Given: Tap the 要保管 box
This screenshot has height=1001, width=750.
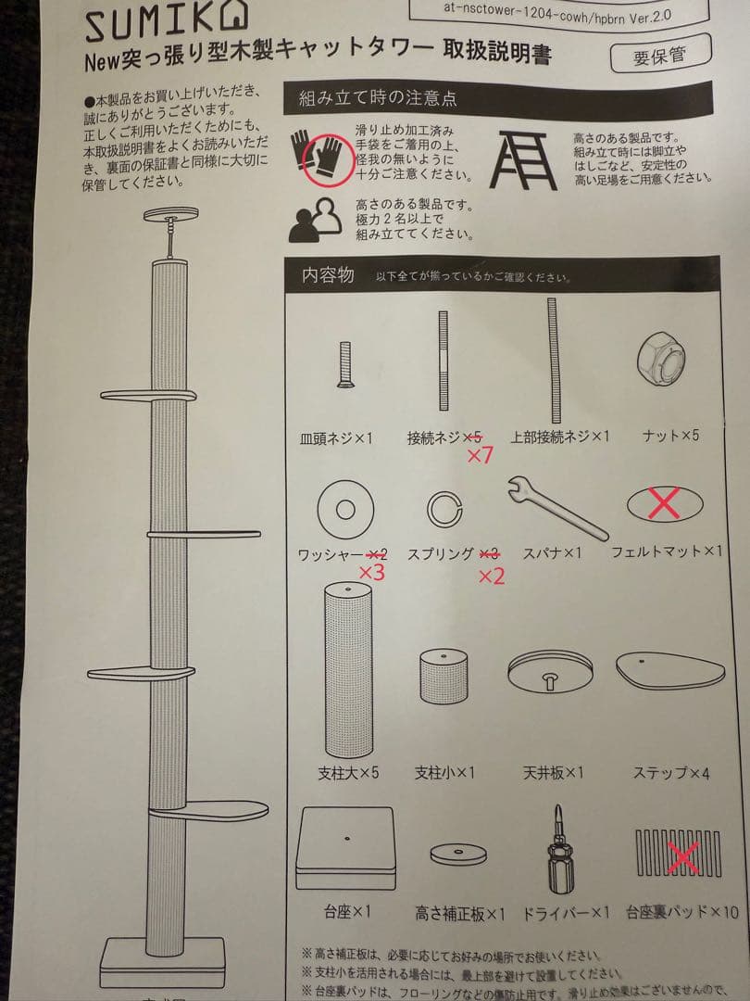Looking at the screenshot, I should [x=660, y=55].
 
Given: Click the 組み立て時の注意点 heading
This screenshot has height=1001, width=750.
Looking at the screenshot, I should [x=378, y=97].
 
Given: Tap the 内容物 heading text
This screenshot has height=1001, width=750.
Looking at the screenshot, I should [x=327, y=276].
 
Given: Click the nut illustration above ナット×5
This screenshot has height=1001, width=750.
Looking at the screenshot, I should [x=664, y=360].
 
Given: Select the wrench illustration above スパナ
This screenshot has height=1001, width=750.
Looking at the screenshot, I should [x=556, y=507].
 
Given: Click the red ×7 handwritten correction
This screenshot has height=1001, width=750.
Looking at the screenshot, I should [x=481, y=456].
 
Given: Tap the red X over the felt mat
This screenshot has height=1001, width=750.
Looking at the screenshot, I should [x=664, y=504].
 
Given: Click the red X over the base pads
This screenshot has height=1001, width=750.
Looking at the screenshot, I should [x=682, y=854].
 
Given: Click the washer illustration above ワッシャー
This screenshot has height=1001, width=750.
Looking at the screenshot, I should [x=345, y=509].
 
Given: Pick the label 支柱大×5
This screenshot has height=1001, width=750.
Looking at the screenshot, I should [x=347, y=771].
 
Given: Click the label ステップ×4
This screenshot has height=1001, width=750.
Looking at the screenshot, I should [x=670, y=771].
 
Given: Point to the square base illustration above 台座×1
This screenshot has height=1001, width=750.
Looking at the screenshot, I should [x=346, y=848].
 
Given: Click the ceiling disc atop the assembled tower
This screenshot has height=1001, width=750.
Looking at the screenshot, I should [x=170, y=214].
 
